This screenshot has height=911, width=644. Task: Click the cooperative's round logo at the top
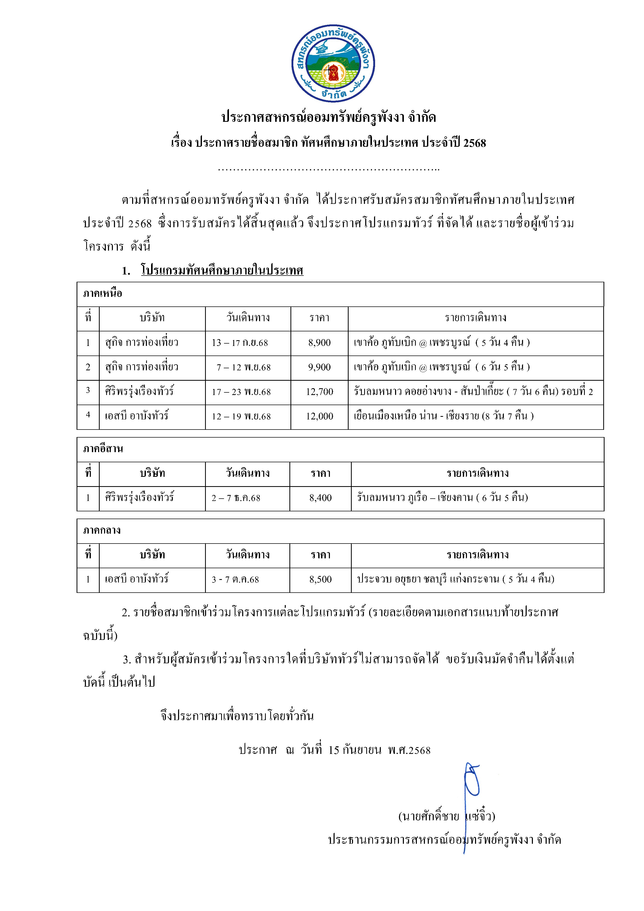pyautogui.click(x=333, y=63)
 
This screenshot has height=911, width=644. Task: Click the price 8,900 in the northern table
pyautogui.click(x=319, y=343)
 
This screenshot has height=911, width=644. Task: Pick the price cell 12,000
pyautogui.click(x=319, y=417)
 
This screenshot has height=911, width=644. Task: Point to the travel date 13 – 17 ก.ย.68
pyautogui.click(x=240, y=343)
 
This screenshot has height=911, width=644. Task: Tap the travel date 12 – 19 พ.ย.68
pyautogui.click(x=241, y=417)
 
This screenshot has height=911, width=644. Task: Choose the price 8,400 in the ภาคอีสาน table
pyautogui.click(x=320, y=498)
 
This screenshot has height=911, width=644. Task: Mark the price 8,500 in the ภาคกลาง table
pyautogui.click(x=320, y=580)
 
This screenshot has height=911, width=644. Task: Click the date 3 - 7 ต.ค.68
pyautogui.click(x=235, y=580)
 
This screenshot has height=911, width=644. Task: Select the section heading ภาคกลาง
pyautogui.click(x=102, y=531)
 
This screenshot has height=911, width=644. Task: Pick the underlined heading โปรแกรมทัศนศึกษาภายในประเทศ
pyautogui.click(x=222, y=271)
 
